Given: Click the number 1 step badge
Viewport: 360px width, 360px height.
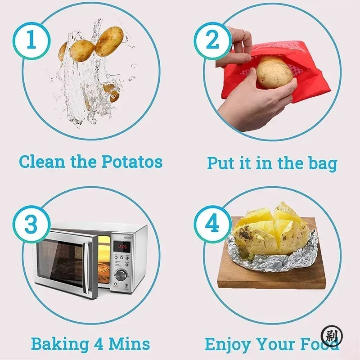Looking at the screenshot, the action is tap(31, 41).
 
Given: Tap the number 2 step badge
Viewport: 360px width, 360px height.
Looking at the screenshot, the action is tap(212, 41).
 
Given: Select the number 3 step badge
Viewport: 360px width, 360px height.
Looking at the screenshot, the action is tap(31, 224).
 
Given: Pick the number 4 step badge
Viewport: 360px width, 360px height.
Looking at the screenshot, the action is tap(212, 224).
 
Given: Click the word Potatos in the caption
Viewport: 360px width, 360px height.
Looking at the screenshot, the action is tap(132, 162).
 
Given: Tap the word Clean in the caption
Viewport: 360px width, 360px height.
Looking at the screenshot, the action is tap(43, 162).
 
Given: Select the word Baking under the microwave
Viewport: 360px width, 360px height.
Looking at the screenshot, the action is tap(60, 344).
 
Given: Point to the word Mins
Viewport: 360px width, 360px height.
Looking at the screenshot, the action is tap(129, 344).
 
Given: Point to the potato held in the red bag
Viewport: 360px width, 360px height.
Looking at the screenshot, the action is tap(274, 72).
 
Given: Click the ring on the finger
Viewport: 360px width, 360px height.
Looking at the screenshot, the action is tap(243, 32).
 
